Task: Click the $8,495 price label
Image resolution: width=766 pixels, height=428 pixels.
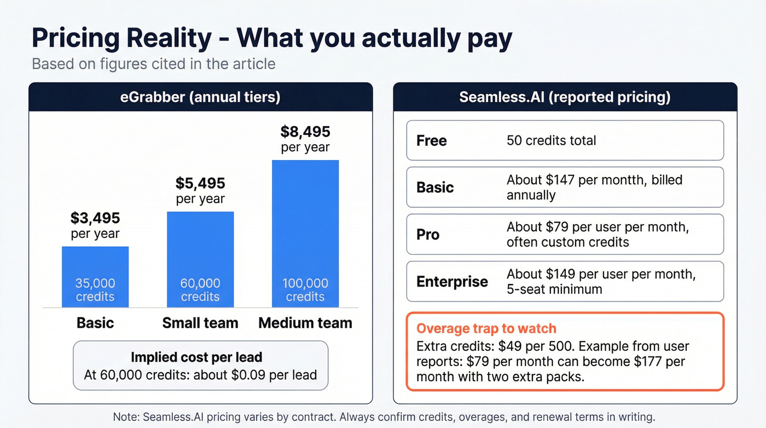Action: [305, 132]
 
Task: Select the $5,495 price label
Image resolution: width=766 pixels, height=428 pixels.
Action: [200, 183]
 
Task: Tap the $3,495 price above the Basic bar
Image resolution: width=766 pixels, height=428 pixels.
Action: [95, 218]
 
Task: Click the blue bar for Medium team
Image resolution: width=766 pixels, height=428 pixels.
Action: [305, 219]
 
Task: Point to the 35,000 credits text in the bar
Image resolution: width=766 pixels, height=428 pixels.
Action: [95, 290]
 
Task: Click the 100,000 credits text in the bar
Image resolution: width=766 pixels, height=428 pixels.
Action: [305, 290]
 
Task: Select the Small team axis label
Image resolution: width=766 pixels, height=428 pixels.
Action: [200, 323]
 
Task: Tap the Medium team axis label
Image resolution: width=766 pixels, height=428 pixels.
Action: [305, 323]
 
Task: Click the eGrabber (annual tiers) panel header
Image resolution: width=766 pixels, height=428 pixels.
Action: [200, 97]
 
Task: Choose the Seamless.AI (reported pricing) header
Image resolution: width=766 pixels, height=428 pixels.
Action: [565, 97]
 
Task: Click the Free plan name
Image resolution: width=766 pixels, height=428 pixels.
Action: [432, 141]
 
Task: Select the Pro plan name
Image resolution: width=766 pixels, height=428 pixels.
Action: [428, 235]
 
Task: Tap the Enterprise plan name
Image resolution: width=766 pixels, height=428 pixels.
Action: [452, 282]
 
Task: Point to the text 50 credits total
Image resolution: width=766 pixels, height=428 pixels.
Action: [552, 141]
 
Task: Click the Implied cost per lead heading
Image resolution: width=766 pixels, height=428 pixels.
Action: [196, 358]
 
